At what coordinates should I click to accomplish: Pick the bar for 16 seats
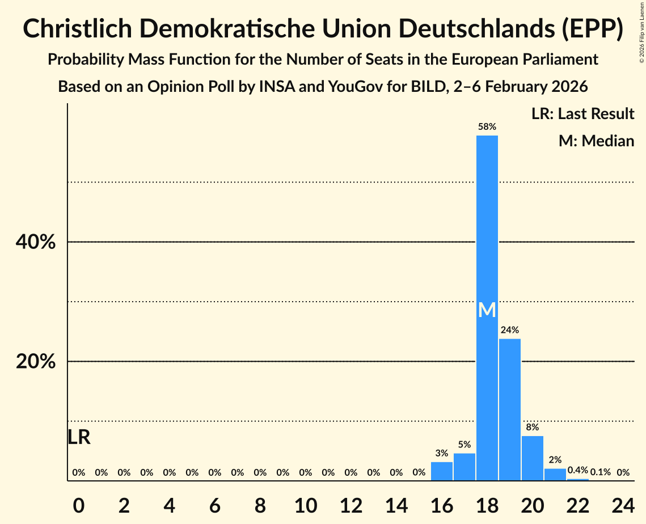[441, 471]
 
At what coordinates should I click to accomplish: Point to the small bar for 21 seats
[555, 475]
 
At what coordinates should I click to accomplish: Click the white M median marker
[487, 310]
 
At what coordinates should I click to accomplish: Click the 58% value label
[487, 127]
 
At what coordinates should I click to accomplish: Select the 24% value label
[509, 330]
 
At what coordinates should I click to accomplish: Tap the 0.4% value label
[577, 471]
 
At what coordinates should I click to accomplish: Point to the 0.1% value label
[600, 472]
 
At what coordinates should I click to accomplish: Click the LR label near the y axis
[79, 437]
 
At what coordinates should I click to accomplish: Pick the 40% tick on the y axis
[35, 242]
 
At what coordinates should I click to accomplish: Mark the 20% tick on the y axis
[35, 361]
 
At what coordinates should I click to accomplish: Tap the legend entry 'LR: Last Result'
[582, 114]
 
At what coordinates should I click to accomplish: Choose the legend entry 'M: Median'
[596, 141]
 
